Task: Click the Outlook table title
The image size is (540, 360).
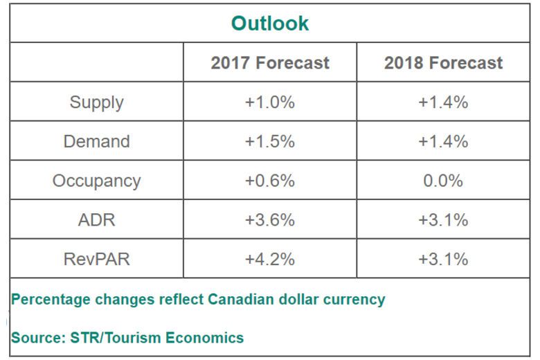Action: (270, 24)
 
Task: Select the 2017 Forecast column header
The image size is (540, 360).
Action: (270, 63)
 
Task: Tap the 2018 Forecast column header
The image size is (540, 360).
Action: (443, 63)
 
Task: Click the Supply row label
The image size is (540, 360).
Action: (96, 102)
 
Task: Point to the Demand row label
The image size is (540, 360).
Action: (96, 141)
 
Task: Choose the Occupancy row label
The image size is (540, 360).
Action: (96, 181)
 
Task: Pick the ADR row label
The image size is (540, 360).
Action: (96, 220)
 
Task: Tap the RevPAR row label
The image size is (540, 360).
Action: (96, 259)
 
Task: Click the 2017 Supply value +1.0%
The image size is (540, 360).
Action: (270, 102)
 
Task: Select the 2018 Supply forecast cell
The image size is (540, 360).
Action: (443, 102)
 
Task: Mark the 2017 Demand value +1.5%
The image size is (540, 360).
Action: (270, 141)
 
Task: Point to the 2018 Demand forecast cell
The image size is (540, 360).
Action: (443, 141)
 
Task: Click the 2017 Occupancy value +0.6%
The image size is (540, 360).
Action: (270, 181)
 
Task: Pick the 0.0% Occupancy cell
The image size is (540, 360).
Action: (443, 181)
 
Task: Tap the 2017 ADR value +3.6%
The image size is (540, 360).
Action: (270, 220)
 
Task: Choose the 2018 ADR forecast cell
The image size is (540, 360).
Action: (443, 220)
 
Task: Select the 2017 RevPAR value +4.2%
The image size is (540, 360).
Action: (270, 259)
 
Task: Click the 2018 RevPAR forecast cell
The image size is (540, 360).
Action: (443, 259)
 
